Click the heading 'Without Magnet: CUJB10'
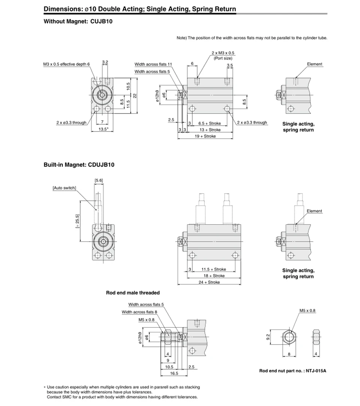pos(78,21)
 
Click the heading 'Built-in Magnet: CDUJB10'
pos(79,165)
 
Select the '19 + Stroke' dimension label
pos(205,136)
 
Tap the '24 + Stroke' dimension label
pos(209,282)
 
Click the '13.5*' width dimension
pos(103,129)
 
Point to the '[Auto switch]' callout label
pos(64,188)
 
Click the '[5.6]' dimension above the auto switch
pos(99,181)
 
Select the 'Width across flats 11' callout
pos(153,64)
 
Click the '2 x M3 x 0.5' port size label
pos(223,53)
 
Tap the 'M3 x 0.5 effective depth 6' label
pos(66,64)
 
